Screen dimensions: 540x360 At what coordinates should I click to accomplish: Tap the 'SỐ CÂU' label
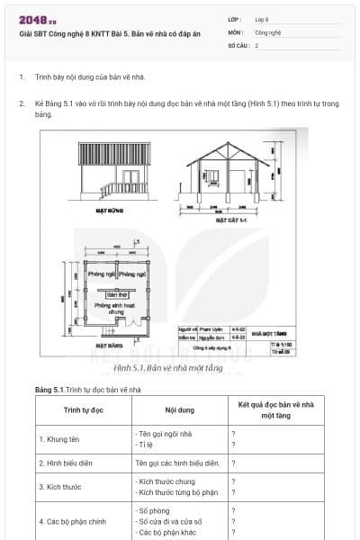[238, 44]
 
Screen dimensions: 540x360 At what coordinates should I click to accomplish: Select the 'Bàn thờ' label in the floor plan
[118, 294]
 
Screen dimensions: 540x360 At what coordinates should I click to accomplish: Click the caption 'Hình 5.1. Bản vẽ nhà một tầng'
[179, 368]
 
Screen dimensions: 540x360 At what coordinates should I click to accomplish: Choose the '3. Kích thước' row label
[61, 487]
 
